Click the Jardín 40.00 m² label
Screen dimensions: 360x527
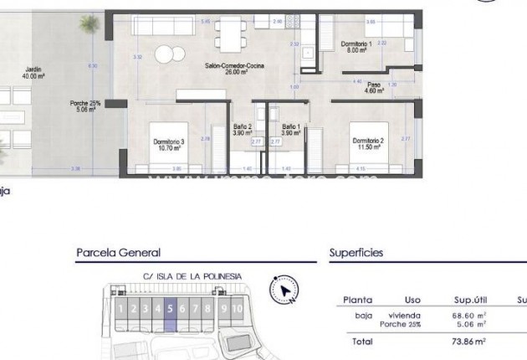pos(33,73)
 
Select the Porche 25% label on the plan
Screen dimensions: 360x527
pos(85,106)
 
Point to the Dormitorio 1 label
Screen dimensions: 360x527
pos(356,46)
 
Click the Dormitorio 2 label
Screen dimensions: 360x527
pos(368,143)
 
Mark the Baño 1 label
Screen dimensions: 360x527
pos(290,130)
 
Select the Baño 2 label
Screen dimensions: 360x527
pos(243,130)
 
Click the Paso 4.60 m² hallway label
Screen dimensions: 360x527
pos(374,87)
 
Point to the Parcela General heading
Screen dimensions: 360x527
pos(118,252)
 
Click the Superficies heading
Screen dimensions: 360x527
pos(356,252)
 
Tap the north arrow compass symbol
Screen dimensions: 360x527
pos(285,290)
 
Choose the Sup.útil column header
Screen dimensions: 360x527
pos(470,300)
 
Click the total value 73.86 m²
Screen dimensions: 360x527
pos(470,341)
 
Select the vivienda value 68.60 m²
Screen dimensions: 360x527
pos(470,315)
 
